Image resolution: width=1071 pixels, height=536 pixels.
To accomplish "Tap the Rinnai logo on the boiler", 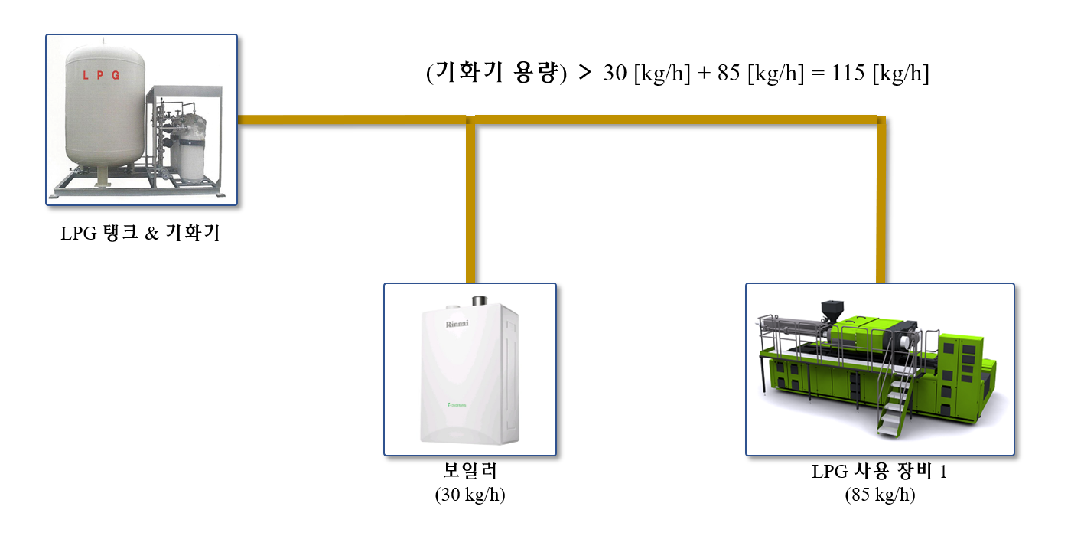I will click(x=457, y=324).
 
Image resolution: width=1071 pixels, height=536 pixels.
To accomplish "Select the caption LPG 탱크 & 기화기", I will click(x=140, y=234).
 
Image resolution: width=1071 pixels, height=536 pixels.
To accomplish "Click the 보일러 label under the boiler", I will click(x=470, y=470).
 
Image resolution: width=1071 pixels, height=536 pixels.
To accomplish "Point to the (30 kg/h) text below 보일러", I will click(x=470, y=495).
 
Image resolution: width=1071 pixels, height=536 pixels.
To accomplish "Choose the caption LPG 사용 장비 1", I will click(x=879, y=472).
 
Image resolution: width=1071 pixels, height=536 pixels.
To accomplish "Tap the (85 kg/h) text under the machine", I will click(x=880, y=495).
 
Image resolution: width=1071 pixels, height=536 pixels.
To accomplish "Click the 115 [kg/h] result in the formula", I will click(x=881, y=74).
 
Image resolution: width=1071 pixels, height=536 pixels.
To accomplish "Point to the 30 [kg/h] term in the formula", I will click(x=646, y=74).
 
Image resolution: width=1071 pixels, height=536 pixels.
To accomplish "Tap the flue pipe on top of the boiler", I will click(x=480, y=300).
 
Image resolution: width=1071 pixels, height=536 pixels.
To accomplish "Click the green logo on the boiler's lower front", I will click(x=457, y=404).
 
